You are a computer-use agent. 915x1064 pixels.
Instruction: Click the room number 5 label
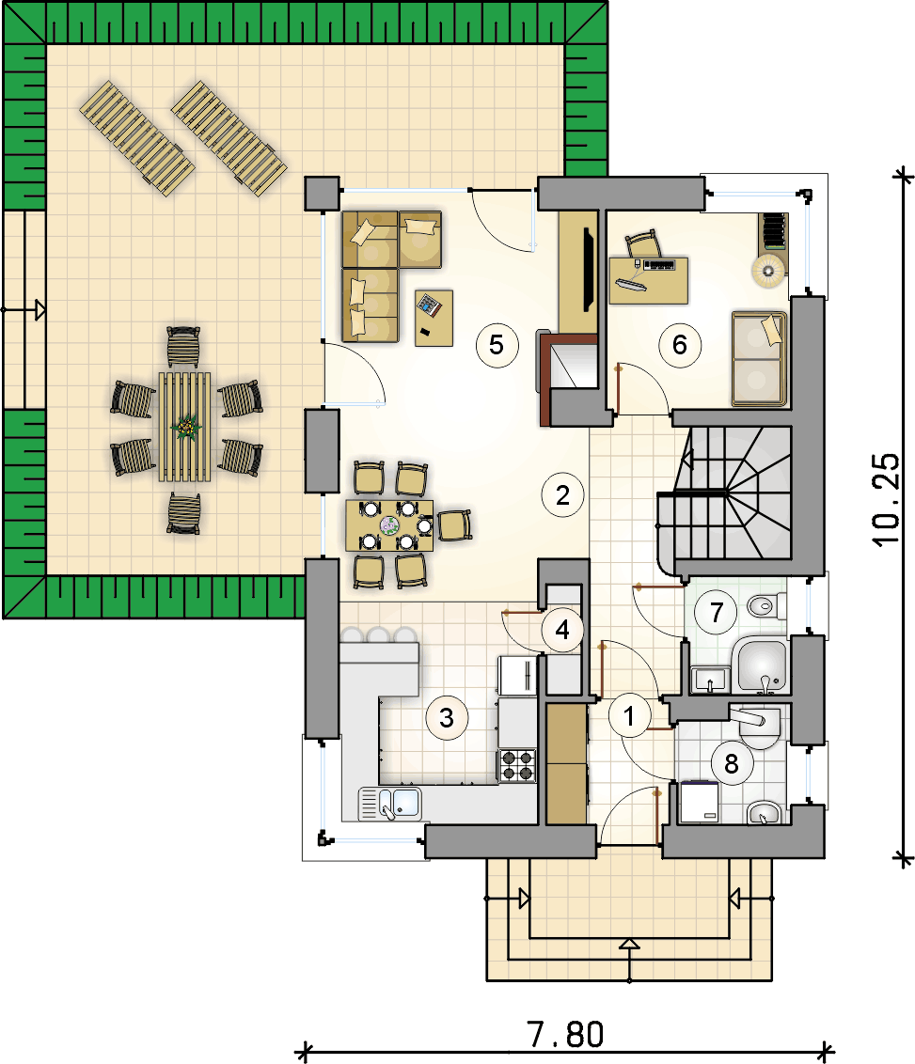tap(497, 345)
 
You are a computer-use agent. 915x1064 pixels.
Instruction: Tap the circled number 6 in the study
tap(680, 345)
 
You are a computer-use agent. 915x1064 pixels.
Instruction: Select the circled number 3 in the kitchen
tap(447, 718)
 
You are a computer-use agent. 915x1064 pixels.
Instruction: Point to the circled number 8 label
tap(731, 764)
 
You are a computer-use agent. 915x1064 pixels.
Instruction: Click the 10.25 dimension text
tap(886, 499)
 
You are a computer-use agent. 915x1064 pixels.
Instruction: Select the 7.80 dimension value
tap(565, 1035)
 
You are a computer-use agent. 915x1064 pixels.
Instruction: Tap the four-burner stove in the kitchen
tap(517, 765)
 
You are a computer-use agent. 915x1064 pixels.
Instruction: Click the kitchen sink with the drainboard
tap(389, 804)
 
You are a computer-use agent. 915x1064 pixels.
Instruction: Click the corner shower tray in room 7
tap(760, 665)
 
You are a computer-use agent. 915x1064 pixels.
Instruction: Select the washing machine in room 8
tap(699, 802)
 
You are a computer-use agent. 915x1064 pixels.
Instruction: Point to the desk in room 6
tap(649, 280)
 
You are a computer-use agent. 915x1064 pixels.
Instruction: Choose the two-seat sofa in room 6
tap(759, 359)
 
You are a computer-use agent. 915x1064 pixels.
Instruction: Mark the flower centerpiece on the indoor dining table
tap(389, 524)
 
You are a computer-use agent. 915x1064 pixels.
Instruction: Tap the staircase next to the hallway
tap(725, 493)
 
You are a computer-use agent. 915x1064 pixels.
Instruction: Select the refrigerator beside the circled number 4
tap(517, 675)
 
